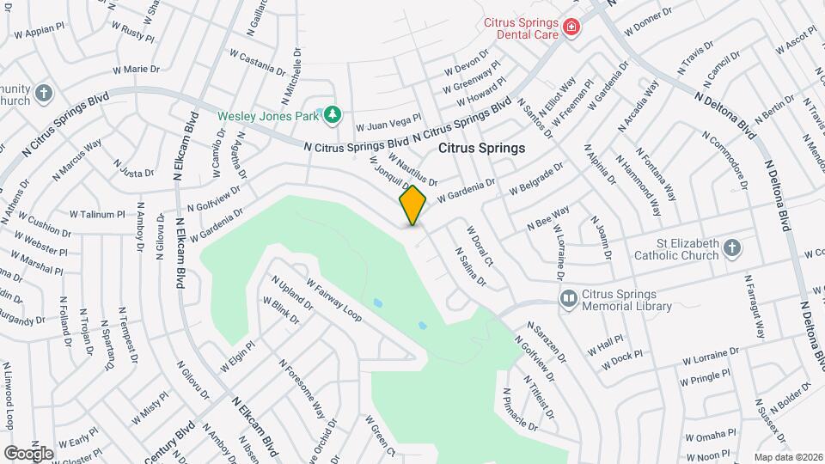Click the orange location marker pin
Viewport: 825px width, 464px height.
[x=413, y=205]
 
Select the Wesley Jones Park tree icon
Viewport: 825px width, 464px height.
[x=331, y=114]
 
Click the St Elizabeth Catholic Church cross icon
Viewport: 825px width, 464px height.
[x=731, y=248]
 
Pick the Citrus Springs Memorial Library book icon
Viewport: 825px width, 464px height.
[x=567, y=299]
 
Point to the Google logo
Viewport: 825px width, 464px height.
[x=28, y=453]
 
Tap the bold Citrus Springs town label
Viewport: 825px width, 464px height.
[x=481, y=148]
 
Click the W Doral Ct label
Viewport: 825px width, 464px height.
[x=479, y=246]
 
